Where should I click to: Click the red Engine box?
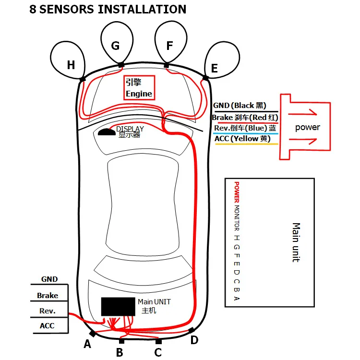coord(139,88)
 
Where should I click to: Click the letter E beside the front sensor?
coord(214,69)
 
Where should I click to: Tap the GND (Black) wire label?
coord(239,106)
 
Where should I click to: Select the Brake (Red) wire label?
coord(245,117)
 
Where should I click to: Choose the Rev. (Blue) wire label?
coord(245,128)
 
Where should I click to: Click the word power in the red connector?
coord(307,127)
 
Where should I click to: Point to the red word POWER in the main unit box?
coord(236,192)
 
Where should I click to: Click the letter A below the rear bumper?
coord(87,344)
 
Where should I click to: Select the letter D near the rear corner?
coord(194,340)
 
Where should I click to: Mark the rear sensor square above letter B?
coord(121,341)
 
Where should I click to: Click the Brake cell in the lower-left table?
coord(48,296)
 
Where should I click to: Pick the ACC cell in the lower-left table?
coord(48,326)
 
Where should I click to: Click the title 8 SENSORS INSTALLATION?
coord(108,9)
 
